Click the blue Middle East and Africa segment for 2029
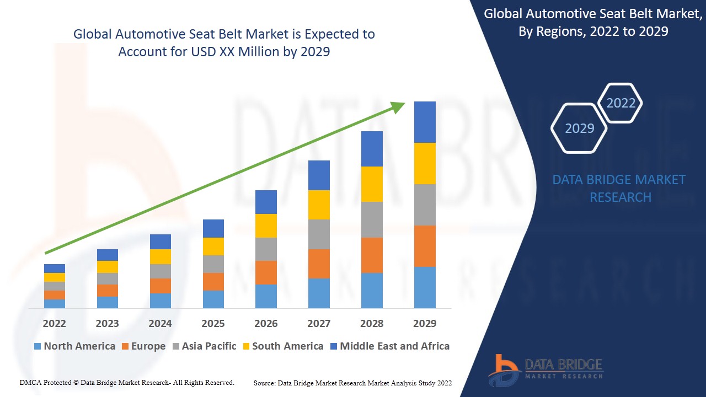point(425,122)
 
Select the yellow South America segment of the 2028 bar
point(372,184)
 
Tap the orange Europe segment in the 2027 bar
point(319,264)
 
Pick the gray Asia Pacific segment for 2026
point(266,249)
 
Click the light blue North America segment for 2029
point(425,287)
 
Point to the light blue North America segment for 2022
point(55,303)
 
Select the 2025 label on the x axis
point(213,324)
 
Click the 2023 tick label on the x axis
point(107,324)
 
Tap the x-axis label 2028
point(372,324)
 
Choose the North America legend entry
point(74,346)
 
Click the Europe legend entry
point(143,346)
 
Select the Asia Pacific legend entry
point(204,346)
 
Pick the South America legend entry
point(282,346)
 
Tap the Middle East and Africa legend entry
point(389,346)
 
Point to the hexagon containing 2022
point(621,103)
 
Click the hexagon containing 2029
point(579,128)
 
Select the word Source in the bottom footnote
point(264,383)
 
